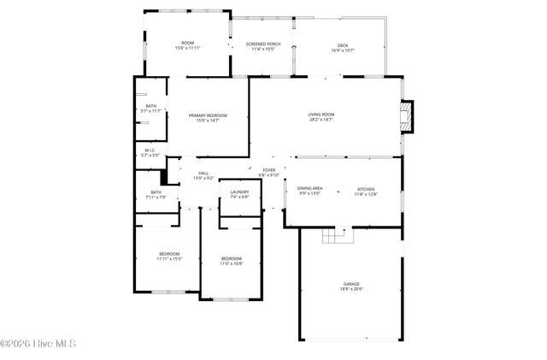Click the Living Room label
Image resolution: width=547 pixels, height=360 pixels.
(x=321, y=115)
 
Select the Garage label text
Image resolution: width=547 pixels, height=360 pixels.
(x=351, y=284)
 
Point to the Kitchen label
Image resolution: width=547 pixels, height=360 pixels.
(x=365, y=189)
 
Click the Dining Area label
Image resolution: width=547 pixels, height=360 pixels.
(x=309, y=188)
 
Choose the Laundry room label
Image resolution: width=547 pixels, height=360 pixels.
(x=239, y=192)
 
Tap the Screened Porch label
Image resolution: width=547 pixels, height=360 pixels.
(x=262, y=44)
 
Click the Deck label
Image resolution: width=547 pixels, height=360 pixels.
(x=342, y=44)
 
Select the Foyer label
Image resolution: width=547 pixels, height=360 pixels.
(x=269, y=170)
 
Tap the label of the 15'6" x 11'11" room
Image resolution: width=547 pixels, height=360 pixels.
(x=187, y=43)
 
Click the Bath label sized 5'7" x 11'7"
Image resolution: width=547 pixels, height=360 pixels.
(x=150, y=106)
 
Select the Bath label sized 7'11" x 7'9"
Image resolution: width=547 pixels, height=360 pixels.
(x=156, y=192)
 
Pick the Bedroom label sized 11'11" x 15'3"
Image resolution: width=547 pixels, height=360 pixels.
(x=168, y=254)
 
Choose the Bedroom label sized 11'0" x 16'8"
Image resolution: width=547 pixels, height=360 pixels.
(x=232, y=258)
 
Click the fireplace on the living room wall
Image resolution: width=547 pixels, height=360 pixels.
(x=407, y=117)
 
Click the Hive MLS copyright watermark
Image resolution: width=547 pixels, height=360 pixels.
(x=39, y=345)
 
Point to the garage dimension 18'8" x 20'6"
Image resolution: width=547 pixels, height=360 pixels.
(x=351, y=289)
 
